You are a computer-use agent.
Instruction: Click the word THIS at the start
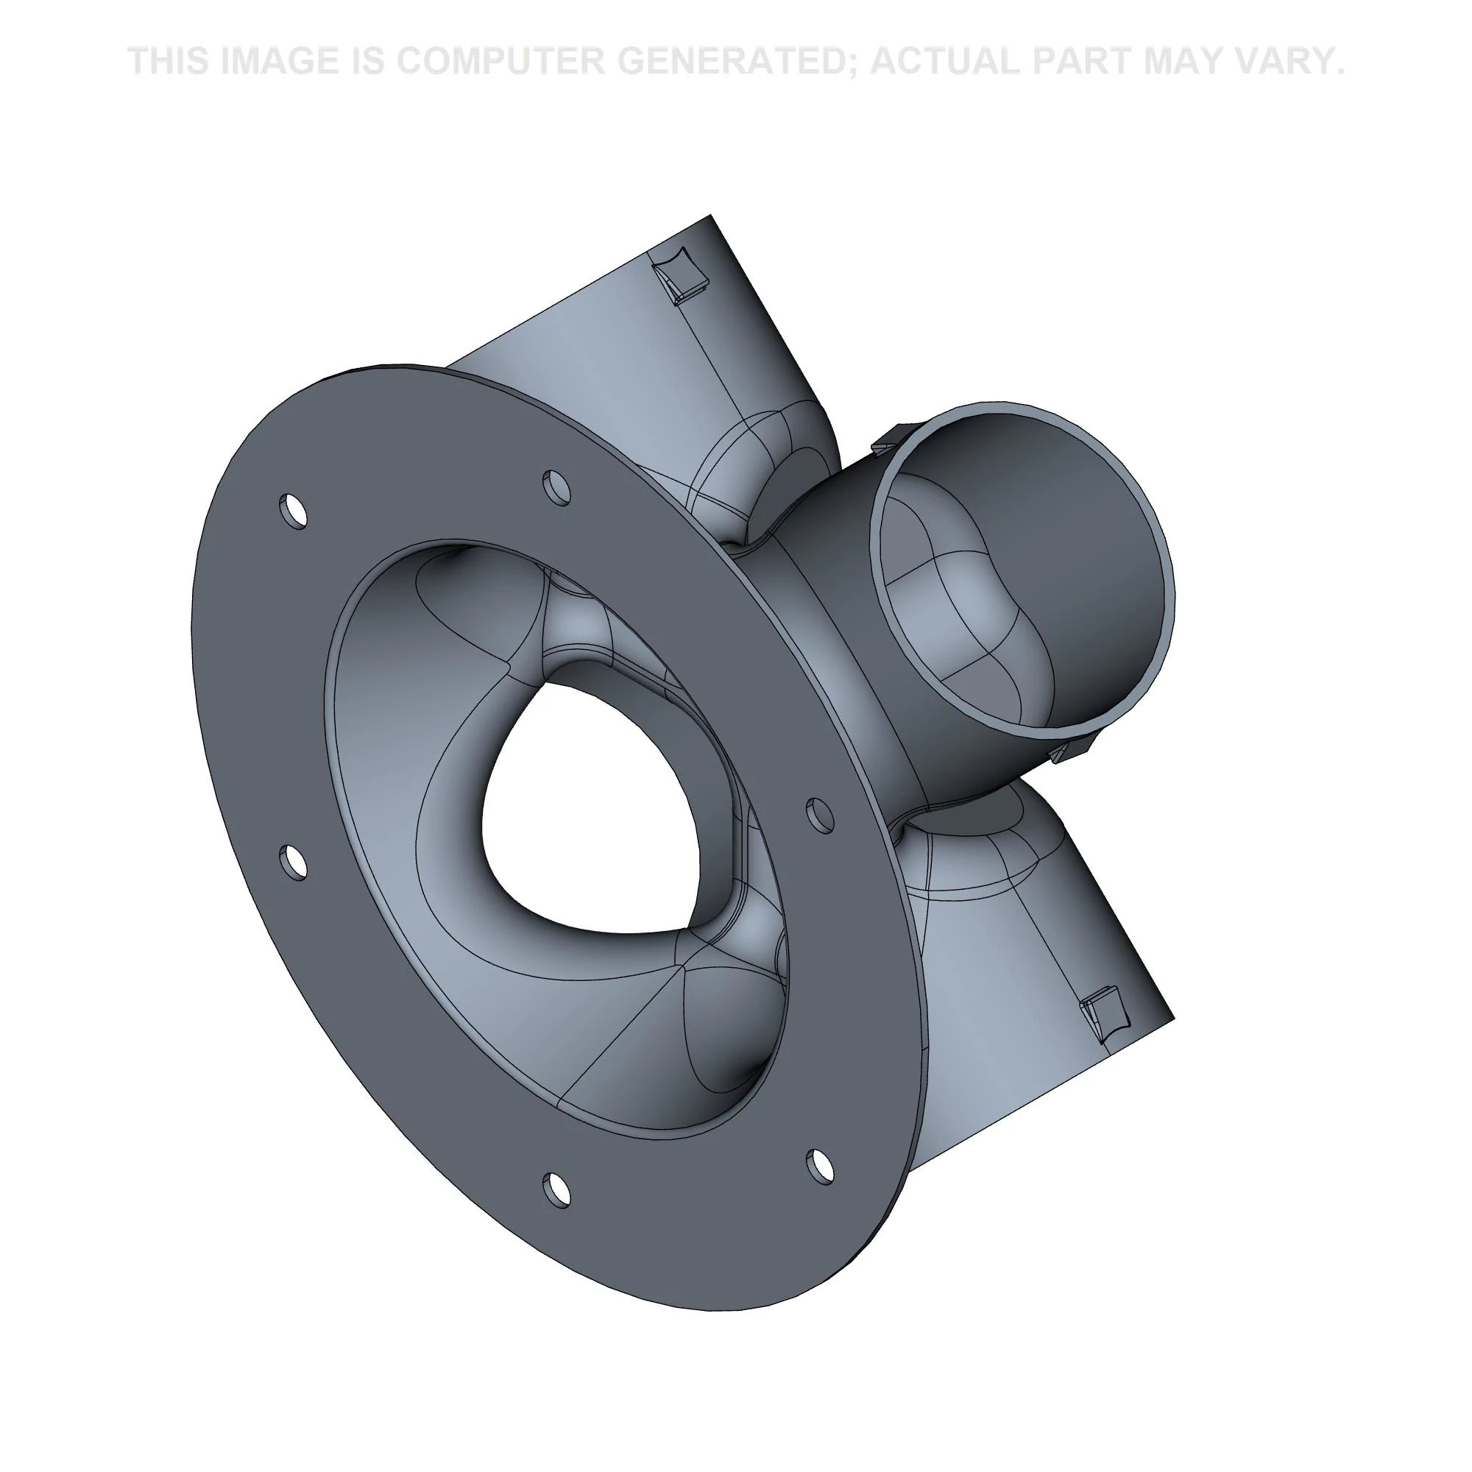coord(169,61)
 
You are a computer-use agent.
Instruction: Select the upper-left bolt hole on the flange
coord(294,511)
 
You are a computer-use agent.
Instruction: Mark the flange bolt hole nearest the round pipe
coord(820,815)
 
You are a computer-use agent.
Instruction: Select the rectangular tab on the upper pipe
coord(684,275)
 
